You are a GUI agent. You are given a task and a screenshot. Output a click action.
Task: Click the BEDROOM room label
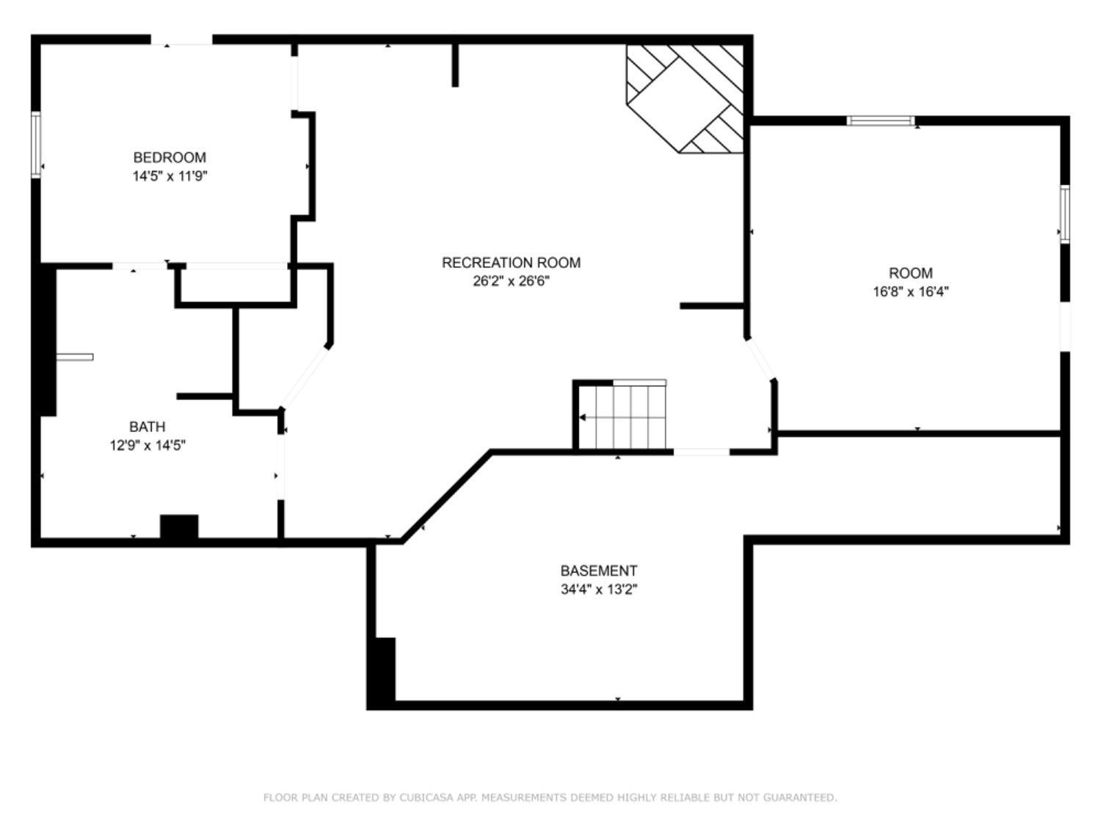[170, 157]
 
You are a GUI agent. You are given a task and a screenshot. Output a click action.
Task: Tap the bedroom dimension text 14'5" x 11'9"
[170, 176]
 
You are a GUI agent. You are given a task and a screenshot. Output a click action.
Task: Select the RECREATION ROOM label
[511, 262]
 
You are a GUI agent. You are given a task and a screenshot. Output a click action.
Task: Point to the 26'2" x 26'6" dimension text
[511, 281]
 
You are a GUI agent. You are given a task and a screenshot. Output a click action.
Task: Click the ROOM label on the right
[910, 273]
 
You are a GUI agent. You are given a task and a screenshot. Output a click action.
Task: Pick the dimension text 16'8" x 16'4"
[910, 291]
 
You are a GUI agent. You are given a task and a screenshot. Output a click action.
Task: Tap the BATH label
[148, 427]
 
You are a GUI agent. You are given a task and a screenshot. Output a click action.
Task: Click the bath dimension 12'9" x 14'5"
[148, 445]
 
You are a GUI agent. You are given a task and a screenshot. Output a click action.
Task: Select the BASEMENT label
[599, 570]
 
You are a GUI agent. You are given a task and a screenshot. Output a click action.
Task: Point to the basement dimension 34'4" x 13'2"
[599, 589]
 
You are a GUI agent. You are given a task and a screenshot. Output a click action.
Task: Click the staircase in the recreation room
[624, 416]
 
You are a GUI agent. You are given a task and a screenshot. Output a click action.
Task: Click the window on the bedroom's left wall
[35, 145]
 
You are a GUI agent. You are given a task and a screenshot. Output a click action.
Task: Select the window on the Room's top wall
[881, 120]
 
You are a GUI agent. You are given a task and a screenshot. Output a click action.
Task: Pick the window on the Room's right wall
[1064, 214]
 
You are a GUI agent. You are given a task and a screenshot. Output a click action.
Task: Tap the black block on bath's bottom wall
[179, 528]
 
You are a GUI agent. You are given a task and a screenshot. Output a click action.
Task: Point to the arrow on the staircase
[583, 418]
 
